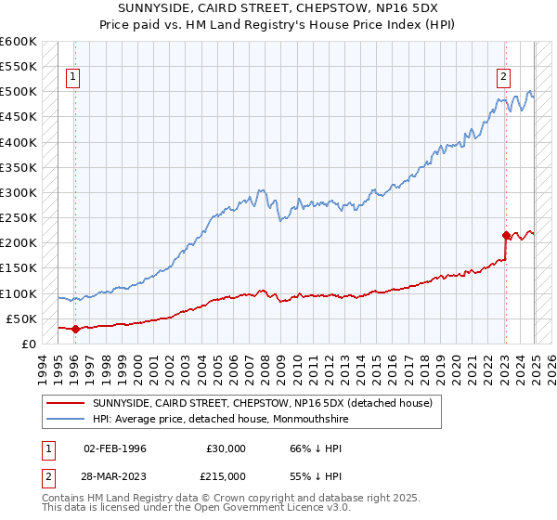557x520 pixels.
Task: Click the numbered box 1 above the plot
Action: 73,78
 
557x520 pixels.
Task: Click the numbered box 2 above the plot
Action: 503,78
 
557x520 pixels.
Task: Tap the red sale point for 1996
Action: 74,328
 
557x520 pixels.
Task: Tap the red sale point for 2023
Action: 506,235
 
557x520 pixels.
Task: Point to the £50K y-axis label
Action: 21,318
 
